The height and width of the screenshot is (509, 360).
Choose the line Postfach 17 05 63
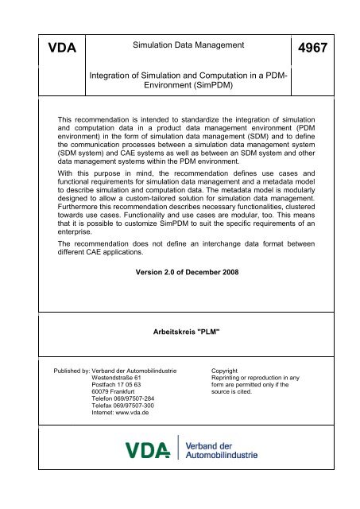[118, 387]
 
